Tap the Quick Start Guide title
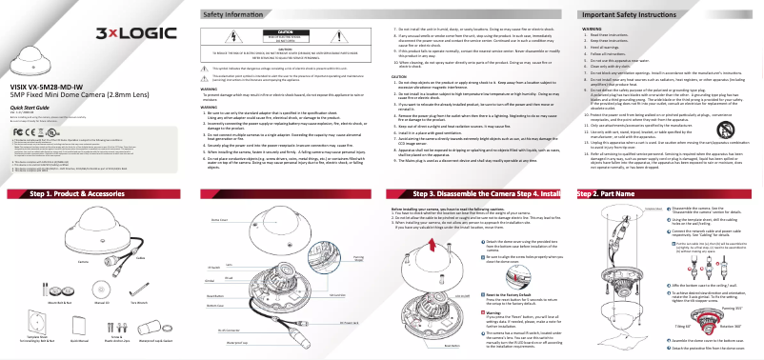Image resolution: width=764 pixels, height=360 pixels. [30, 108]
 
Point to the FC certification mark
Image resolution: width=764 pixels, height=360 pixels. [16, 128]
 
